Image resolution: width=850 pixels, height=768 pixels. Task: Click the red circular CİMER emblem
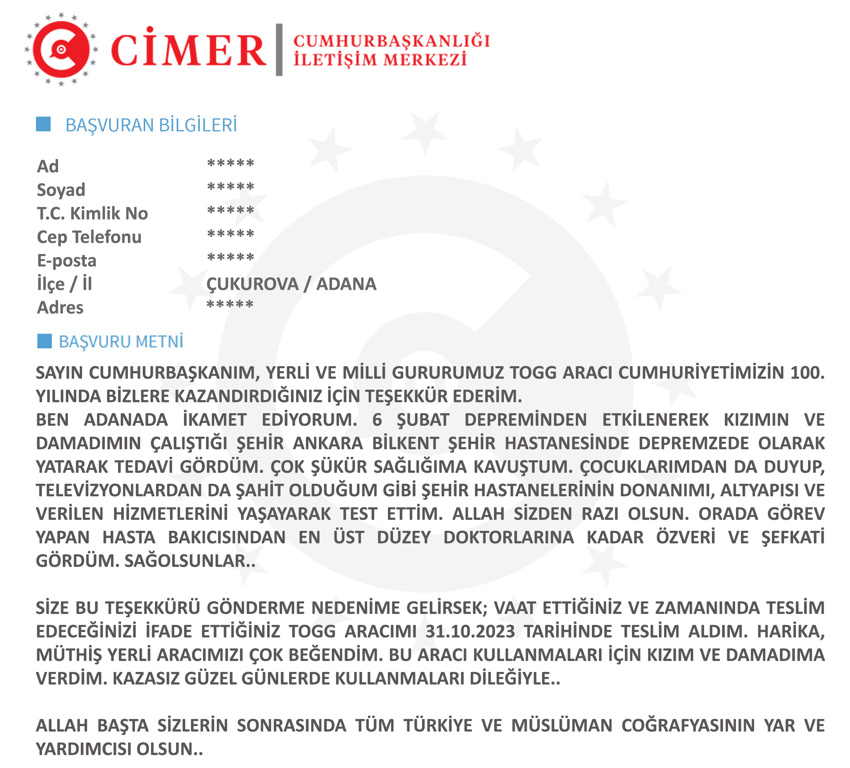click(x=61, y=49)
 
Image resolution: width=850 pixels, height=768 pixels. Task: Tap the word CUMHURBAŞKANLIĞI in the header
click(x=391, y=41)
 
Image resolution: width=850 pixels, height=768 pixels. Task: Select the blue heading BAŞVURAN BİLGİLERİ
click(x=151, y=125)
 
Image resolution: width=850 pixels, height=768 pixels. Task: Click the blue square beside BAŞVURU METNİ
click(x=44, y=341)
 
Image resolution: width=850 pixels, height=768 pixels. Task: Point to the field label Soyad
click(x=61, y=190)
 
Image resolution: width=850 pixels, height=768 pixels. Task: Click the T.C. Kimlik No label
click(x=92, y=213)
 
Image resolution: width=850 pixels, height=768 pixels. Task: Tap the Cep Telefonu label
click(x=89, y=237)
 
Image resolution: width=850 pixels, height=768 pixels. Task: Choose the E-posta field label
click(x=67, y=260)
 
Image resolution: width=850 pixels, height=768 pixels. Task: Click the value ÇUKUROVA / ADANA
click(x=291, y=284)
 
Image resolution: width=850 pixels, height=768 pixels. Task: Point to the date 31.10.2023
click(x=470, y=632)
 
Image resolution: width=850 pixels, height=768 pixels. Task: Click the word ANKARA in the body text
click(x=328, y=443)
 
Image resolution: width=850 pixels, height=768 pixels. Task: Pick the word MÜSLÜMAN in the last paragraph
click(x=562, y=725)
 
